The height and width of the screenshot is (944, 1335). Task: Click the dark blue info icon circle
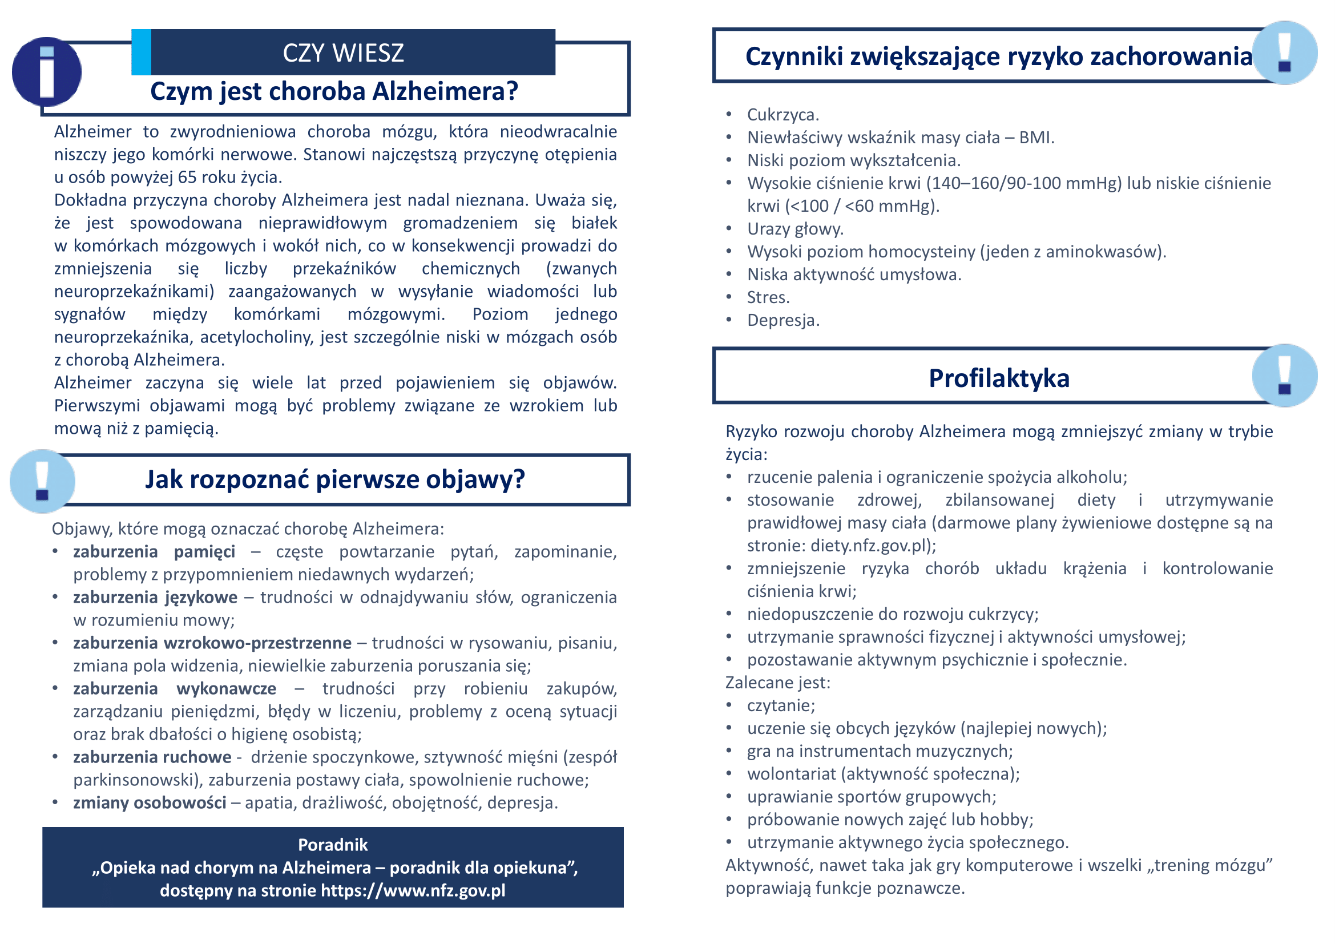pyautogui.click(x=46, y=72)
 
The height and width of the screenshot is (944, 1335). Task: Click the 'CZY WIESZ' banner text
pyautogui.click(x=343, y=53)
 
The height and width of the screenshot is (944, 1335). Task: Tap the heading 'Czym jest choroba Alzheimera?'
pyautogui.click(x=334, y=91)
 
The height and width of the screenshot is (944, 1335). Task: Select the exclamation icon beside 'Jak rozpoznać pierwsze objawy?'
pyautogui.click(x=42, y=481)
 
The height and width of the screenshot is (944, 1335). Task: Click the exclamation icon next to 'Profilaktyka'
pyautogui.click(x=1284, y=376)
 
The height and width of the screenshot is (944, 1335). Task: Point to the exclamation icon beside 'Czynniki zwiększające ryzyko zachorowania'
pyautogui.click(x=1284, y=53)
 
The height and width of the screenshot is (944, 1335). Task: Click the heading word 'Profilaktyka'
pyautogui.click(x=998, y=378)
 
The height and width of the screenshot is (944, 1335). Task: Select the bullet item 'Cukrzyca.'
pyautogui.click(x=783, y=115)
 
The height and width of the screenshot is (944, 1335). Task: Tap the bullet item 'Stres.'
pyautogui.click(x=768, y=297)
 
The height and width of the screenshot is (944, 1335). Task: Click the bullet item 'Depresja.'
pyautogui.click(x=783, y=320)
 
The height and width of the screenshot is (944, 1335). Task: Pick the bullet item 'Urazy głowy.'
pyautogui.click(x=795, y=229)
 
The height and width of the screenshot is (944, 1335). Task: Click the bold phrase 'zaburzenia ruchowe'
pyautogui.click(x=152, y=757)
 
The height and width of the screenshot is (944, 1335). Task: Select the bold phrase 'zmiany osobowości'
pyautogui.click(x=150, y=803)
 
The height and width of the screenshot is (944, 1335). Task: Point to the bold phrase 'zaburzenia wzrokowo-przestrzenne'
pyautogui.click(x=212, y=643)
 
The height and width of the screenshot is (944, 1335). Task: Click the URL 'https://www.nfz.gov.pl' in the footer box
pyautogui.click(x=413, y=890)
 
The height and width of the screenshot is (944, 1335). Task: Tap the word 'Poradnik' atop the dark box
pyautogui.click(x=333, y=845)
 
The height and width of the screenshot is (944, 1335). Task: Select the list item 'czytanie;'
pyautogui.click(x=781, y=705)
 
